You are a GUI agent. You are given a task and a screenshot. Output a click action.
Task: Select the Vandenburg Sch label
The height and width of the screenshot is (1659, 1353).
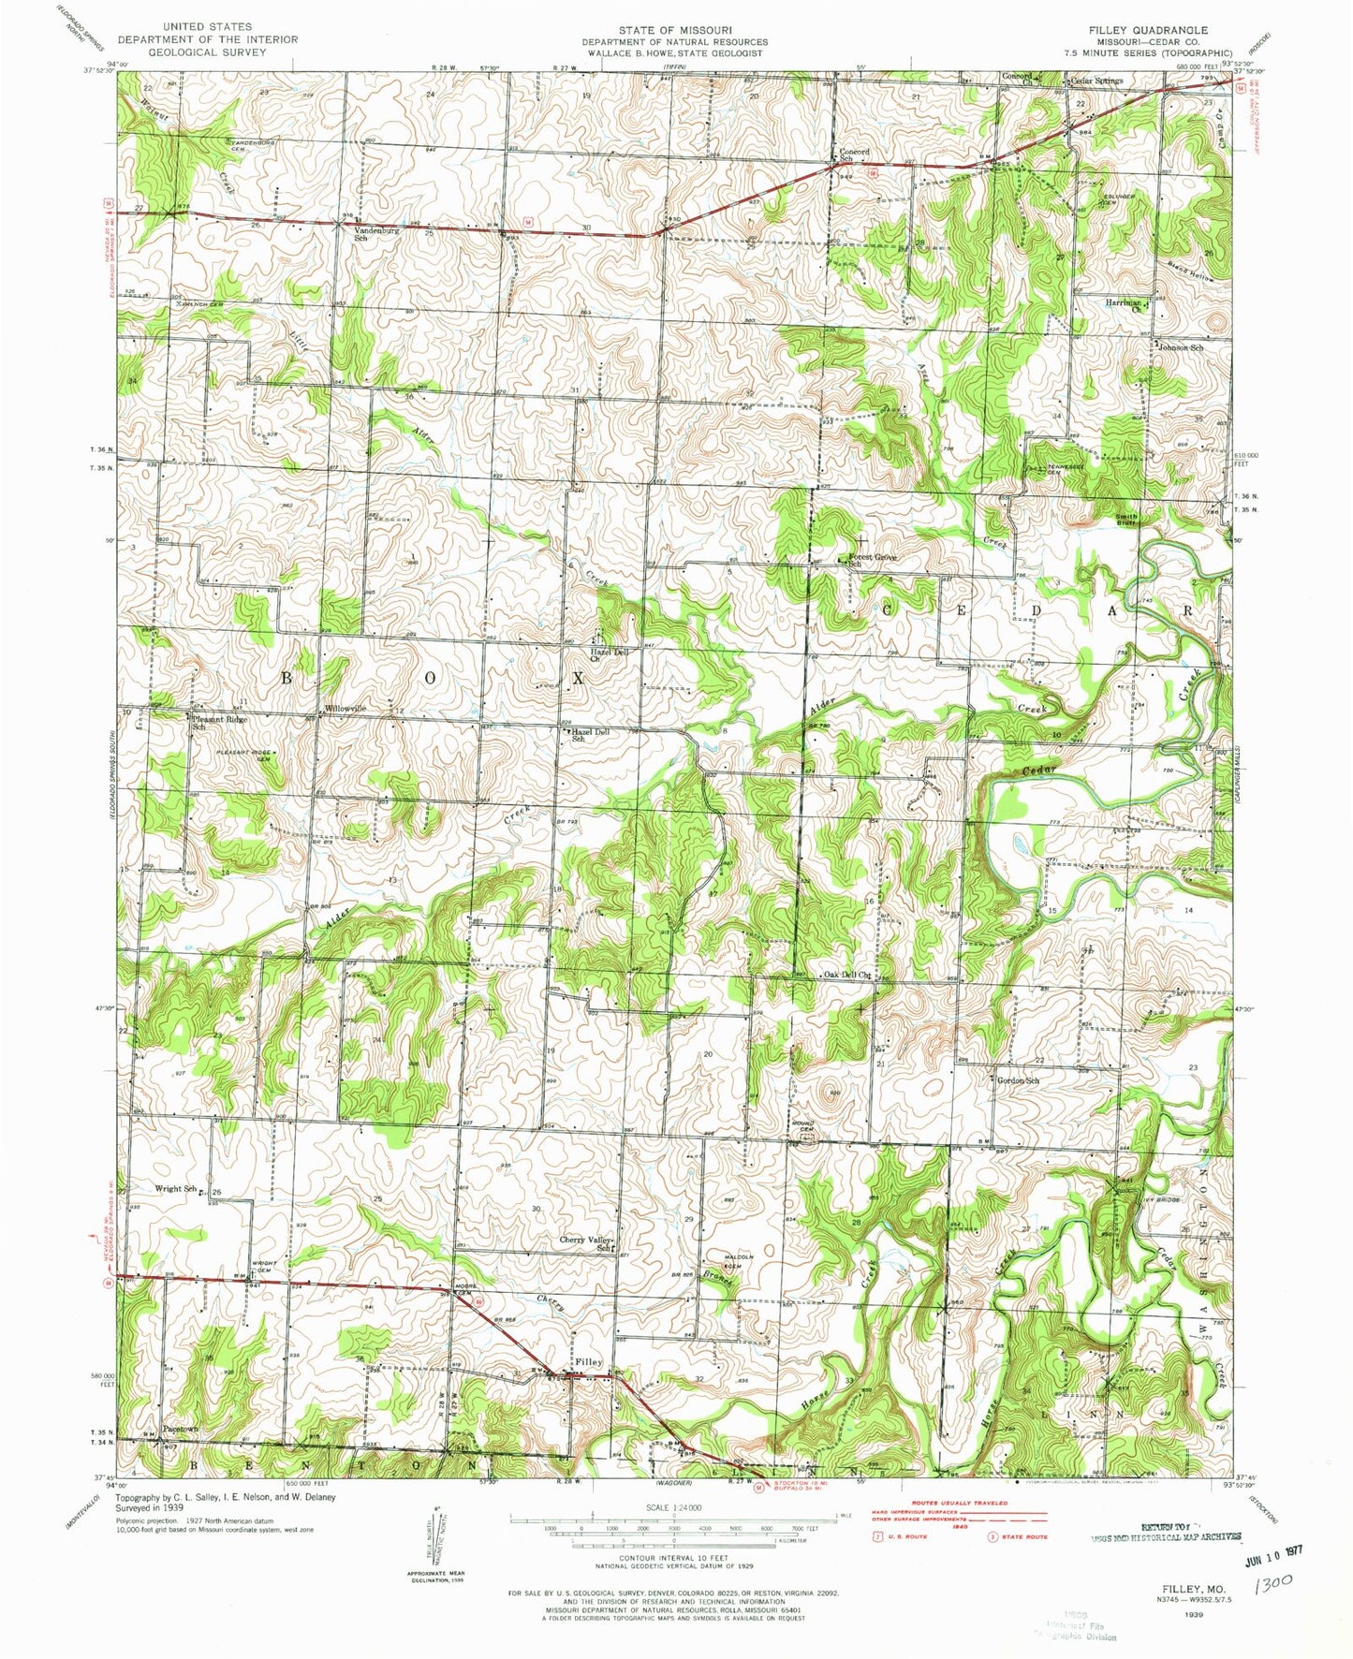(360, 233)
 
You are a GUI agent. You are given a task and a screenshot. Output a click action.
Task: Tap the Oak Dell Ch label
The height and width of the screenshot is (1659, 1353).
(846, 976)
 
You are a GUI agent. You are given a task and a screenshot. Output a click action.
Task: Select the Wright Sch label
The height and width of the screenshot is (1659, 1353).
(175, 1189)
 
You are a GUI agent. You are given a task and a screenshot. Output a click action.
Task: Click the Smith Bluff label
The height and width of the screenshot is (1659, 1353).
(1125, 520)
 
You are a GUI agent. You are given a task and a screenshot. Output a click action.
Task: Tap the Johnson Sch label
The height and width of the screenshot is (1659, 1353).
(1180, 347)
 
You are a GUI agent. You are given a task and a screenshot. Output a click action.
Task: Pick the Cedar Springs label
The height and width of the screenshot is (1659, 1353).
(1096, 81)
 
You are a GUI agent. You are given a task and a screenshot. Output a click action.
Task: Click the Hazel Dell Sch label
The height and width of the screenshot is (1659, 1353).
(590, 735)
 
